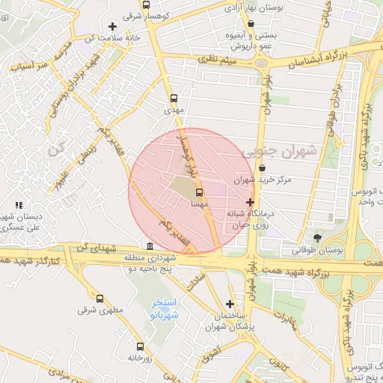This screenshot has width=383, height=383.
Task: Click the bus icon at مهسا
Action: (x=198, y=191)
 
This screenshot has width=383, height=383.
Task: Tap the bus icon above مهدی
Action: (x=174, y=98)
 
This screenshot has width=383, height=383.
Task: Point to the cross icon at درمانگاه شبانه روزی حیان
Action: (x=250, y=202)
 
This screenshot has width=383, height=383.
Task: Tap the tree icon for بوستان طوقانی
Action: (x=318, y=237)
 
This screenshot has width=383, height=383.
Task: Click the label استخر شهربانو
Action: (x=165, y=309)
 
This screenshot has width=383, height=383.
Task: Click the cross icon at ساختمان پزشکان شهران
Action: (x=230, y=304)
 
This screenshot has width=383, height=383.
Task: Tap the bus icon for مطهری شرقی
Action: (x=100, y=298)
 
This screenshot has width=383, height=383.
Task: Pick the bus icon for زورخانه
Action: (x=140, y=346)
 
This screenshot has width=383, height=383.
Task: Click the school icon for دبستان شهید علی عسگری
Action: (x=19, y=205)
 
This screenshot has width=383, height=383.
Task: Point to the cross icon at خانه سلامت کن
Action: (x=112, y=27)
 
